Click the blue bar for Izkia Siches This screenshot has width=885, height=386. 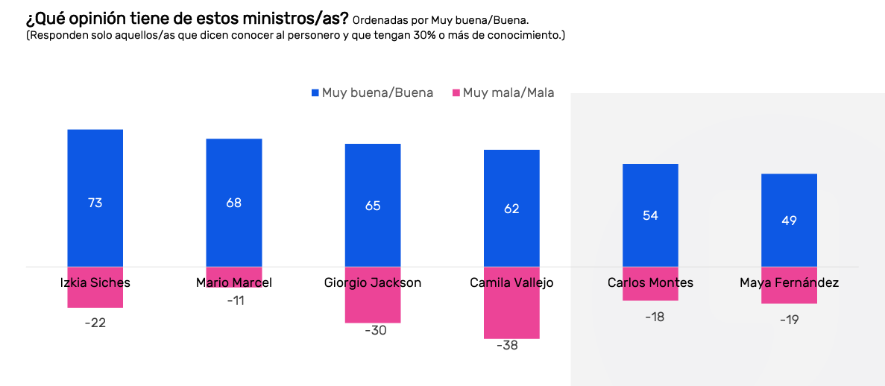pyautogui.click(x=95, y=171)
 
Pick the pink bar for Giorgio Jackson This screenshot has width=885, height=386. pyautogui.click(x=373, y=306)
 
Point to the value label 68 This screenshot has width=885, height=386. pyautogui.click(x=234, y=203)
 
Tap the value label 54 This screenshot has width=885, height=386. pyautogui.click(x=650, y=215)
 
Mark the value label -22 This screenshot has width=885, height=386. pyautogui.click(x=95, y=323)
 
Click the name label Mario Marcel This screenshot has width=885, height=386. pyautogui.click(x=234, y=282)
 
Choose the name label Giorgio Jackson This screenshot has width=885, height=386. pyautogui.click(x=373, y=282)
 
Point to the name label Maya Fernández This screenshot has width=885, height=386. pyautogui.click(x=789, y=282)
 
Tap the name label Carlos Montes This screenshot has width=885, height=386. pyautogui.click(x=650, y=282)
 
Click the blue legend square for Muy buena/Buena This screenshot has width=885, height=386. pyautogui.click(x=315, y=93)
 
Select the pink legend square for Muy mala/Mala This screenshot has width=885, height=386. pyautogui.click(x=456, y=93)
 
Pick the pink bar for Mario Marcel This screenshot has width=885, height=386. pyautogui.click(x=234, y=276)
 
